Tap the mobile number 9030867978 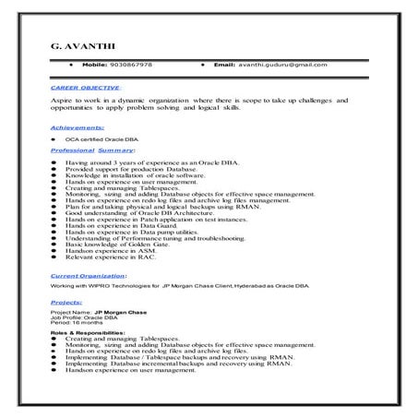pos(132,66)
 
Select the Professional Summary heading pos(92,149)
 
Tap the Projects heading pos(66,302)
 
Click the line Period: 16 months pos(76,324)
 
